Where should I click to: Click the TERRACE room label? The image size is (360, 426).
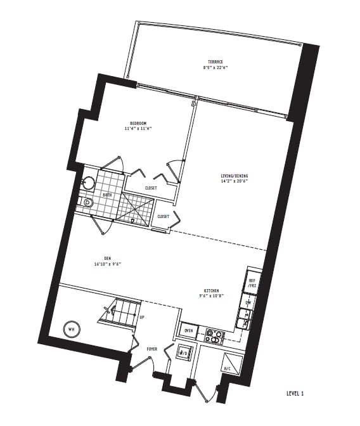[x=215, y=61]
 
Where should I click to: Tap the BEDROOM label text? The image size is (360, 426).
[x=138, y=123]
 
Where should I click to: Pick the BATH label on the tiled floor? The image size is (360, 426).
[x=107, y=195]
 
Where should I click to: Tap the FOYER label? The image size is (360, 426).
[x=152, y=349]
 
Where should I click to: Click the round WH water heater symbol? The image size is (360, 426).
[x=70, y=329]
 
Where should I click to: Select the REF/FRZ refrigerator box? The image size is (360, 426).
[x=252, y=283]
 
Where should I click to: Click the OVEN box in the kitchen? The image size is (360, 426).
[x=188, y=331]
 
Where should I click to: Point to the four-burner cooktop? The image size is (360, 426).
[x=214, y=335]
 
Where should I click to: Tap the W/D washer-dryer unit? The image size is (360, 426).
[x=183, y=353]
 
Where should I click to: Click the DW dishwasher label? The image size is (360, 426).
[x=248, y=302]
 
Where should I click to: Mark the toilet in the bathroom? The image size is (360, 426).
[x=87, y=203]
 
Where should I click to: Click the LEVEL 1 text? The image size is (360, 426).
[x=295, y=394]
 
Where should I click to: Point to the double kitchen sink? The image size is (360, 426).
[x=244, y=319]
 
